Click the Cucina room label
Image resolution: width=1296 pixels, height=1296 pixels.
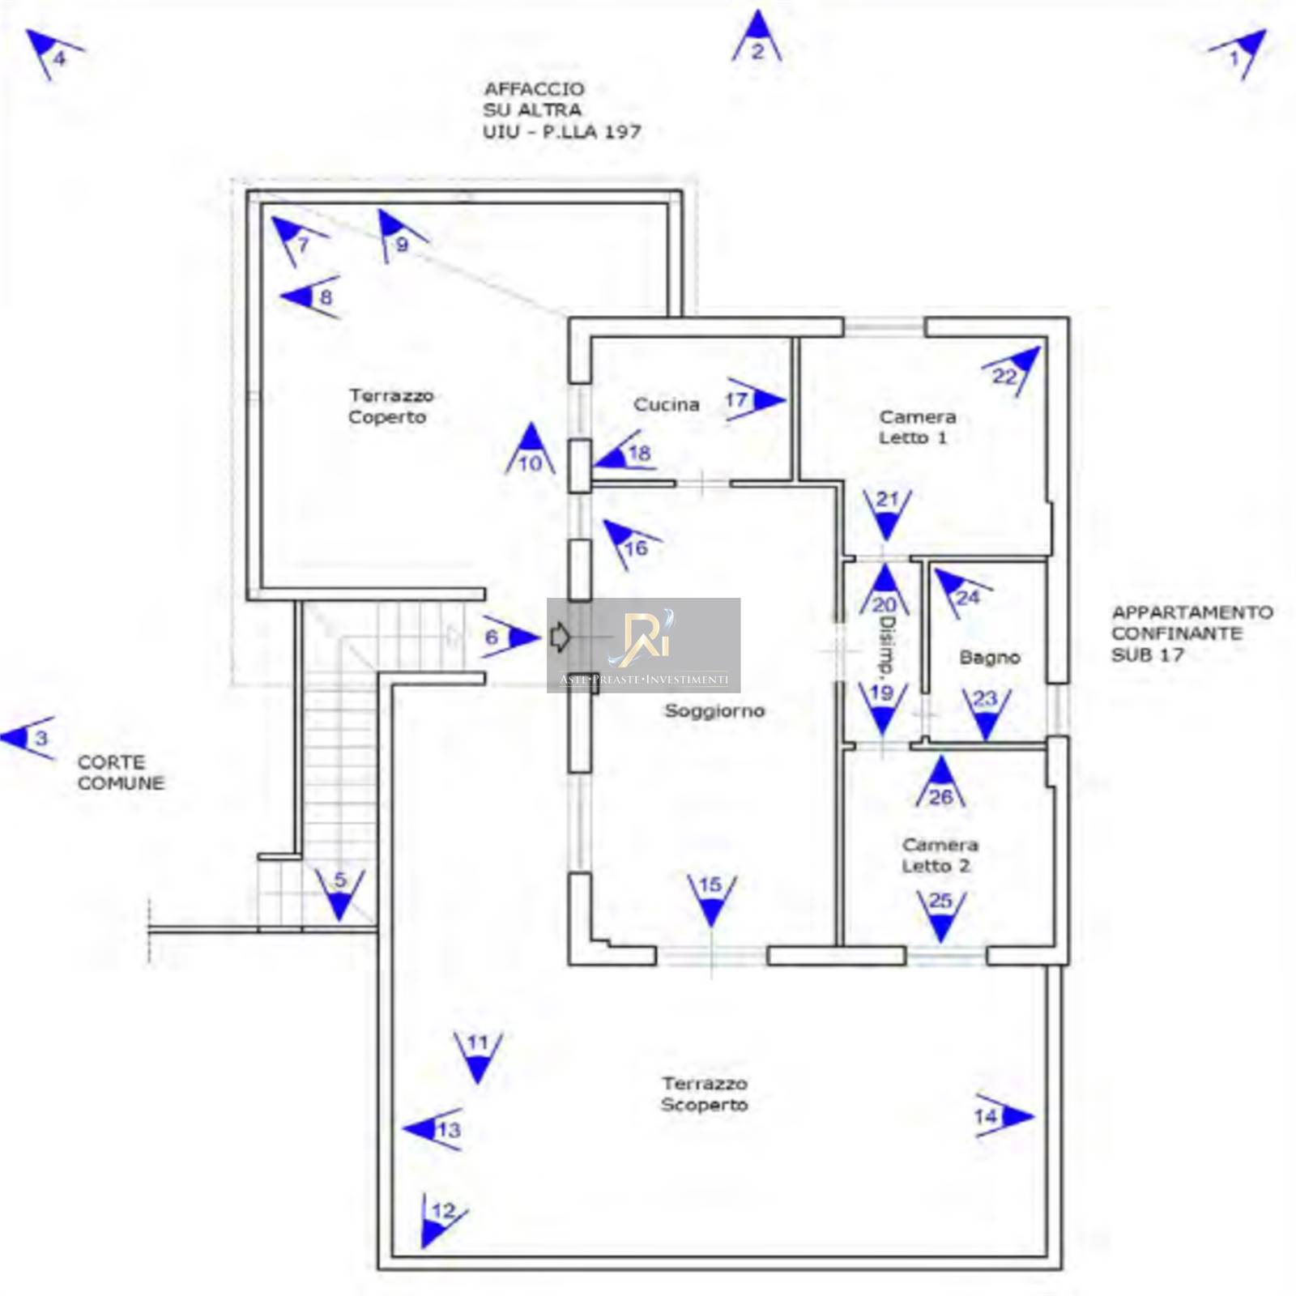(x=666, y=404)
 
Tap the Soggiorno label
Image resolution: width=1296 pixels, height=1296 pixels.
(x=714, y=710)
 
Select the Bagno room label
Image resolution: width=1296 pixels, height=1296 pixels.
(x=988, y=657)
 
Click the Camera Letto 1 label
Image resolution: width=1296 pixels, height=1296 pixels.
(x=916, y=427)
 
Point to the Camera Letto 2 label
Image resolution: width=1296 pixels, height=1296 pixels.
(x=939, y=855)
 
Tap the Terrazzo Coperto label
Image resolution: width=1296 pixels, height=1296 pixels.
(x=390, y=406)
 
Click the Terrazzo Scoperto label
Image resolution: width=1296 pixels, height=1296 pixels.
(x=704, y=1093)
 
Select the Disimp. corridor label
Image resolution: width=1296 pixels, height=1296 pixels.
(x=886, y=647)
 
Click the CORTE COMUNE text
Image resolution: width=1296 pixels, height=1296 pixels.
(x=120, y=772)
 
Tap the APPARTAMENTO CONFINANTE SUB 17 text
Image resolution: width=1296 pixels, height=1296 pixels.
(x=1191, y=633)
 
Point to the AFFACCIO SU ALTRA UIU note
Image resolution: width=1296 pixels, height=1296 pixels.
(x=561, y=110)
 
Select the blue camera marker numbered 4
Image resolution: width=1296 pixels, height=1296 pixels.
(x=52, y=53)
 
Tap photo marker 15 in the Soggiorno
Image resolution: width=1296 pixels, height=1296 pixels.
(x=711, y=897)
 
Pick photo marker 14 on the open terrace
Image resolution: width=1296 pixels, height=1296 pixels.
(x=1003, y=1116)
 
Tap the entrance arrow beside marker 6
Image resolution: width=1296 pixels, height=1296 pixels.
(x=559, y=637)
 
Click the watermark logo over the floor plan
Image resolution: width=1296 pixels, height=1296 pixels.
(x=644, y=645)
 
